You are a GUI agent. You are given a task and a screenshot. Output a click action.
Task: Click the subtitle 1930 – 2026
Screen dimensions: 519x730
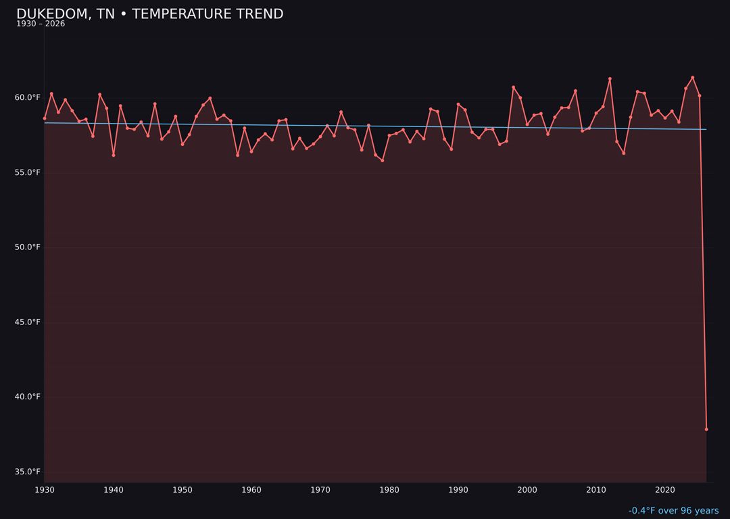click(41, 24)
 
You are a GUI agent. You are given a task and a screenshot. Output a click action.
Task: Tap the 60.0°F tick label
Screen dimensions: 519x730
click(28, 97)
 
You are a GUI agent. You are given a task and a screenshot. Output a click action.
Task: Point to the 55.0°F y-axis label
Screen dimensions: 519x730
click(28, 172)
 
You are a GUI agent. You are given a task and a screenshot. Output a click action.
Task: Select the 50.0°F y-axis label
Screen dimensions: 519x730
click(28, 247)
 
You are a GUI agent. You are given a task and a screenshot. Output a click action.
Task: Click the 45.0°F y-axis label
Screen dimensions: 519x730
click(28, 322)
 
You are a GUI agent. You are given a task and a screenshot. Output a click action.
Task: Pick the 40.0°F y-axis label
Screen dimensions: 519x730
click(28, 397)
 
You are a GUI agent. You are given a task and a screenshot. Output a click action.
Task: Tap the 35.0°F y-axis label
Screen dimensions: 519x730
click(28, 472)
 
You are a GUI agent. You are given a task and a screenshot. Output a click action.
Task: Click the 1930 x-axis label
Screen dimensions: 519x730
click(45, 490)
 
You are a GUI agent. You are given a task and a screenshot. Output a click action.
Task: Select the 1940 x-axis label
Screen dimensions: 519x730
click(114, 490)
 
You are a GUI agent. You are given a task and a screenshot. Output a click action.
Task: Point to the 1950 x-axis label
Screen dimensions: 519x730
click(182, 490)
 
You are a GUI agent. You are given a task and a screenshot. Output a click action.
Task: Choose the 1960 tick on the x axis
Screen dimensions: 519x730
click(251, 490)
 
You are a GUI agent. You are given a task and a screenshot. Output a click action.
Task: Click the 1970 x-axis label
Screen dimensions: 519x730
click(320, 490)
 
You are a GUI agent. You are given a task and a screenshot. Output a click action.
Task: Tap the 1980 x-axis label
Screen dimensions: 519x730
click(389, 490)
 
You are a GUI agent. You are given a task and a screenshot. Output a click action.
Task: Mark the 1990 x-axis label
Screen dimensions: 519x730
click(458, 490)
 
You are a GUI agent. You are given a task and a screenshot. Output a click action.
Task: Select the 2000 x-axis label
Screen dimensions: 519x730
click(527, 490)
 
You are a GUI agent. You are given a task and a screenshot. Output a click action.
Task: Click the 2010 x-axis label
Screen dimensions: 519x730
click(596, 490)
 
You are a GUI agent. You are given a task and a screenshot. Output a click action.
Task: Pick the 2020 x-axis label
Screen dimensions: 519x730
click(665, 490)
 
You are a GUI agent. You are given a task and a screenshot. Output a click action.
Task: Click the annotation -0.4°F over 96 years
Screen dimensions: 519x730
click(673, 511)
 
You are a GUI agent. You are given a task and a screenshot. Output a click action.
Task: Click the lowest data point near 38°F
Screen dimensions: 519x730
click(706, 429)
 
